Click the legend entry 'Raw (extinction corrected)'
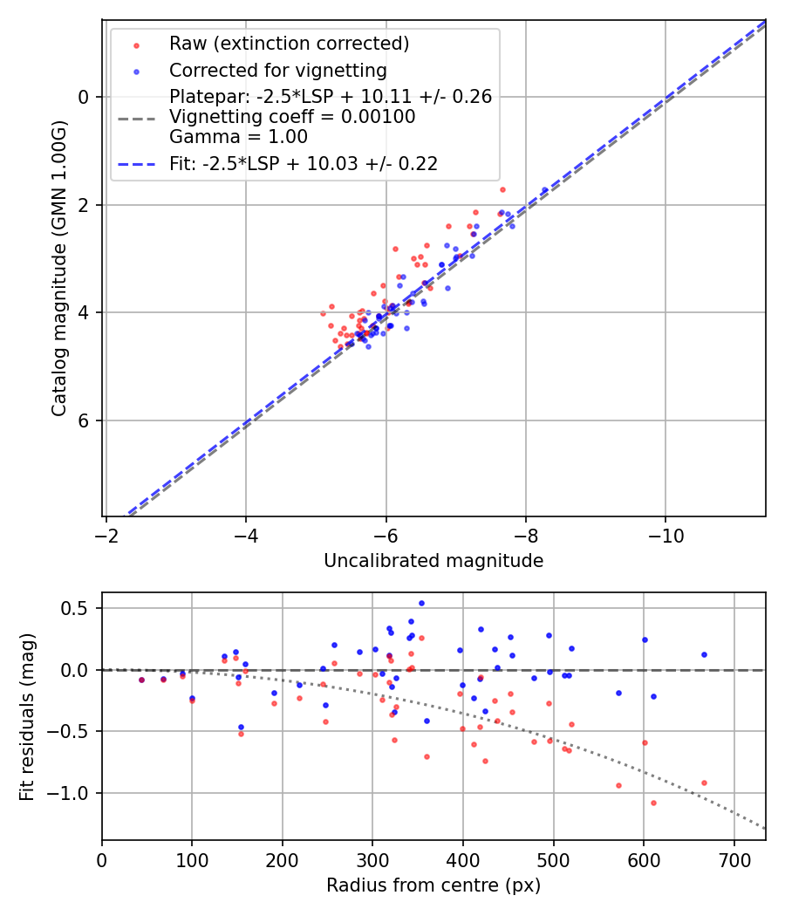coord(289,44)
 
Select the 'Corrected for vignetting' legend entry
coord(278,70)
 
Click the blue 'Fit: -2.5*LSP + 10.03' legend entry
coord(304,163)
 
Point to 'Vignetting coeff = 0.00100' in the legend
coord(292,117)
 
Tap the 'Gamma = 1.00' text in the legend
coord(238,137)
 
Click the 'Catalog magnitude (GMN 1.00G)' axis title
coord(59,267)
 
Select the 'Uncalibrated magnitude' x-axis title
coord(433,561)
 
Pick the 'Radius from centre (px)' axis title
coord(433,885)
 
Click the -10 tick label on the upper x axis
coord(666,534)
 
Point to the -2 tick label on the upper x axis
coord(106,534)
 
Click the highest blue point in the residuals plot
coord(421,603)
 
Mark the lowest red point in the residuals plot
coord(653,803)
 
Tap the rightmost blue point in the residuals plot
coord(704,654)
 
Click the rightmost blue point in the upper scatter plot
coord(545,190)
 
